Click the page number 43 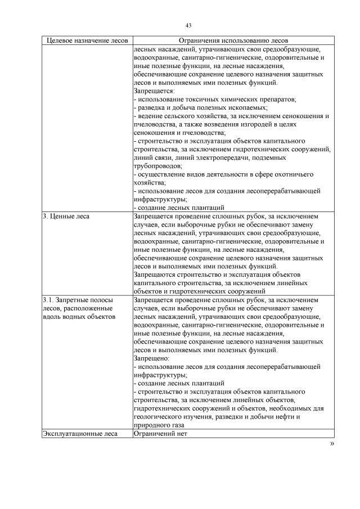pyautogui.click(x=188, y=25)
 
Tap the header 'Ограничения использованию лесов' pyautogui.click(x=233, y=41)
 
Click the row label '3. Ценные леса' pyautogui.click(x=66, y=215)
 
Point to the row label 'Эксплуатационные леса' pyautogui.click(x=79, y=433)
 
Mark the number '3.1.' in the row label pyautogui.click(x=49, y=300)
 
